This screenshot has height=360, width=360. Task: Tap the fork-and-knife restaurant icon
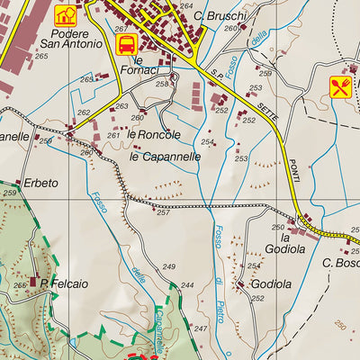[x=339, y=86]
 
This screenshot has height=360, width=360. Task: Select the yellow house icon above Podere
[x=65, y=14]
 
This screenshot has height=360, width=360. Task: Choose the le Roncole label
[x=154, y=135]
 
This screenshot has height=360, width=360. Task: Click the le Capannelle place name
[x=165, y=156]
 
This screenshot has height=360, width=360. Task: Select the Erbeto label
[x=41, y=183]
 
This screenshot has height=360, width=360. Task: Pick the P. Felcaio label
[x=63, y=284]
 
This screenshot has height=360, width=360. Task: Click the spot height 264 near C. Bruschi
[x=185, y=6]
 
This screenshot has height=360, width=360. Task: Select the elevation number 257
[x=163, y=213]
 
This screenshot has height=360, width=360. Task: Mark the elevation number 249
[x=168, y=267]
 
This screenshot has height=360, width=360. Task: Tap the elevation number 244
[x=186, y=285]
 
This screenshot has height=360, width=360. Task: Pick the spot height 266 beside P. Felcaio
[x=20, y=285]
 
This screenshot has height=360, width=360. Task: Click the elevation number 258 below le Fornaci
[x=161, y=84]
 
